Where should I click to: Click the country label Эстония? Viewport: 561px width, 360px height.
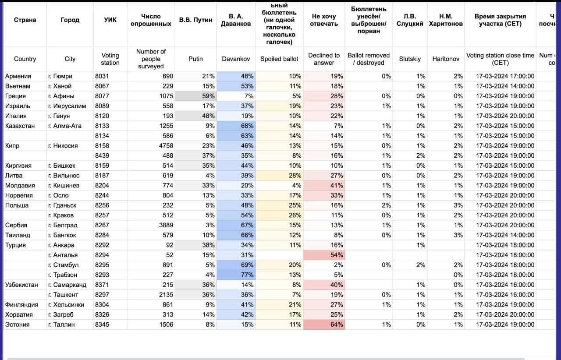point(18,325)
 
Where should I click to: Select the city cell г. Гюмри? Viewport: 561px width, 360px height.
point(60,76)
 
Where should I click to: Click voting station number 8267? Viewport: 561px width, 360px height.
point(102,225)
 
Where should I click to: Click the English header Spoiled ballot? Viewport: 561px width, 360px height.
point(279,59)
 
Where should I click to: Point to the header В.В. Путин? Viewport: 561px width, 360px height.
point(195,20)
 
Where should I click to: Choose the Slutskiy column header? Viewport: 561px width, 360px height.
point(409,59)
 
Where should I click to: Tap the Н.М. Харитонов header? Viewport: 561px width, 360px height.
point(445,20)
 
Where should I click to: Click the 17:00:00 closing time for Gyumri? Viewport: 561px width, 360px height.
point(505,76)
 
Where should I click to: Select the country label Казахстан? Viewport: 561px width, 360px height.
point(18,126)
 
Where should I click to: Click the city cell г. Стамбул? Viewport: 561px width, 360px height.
point(63,265)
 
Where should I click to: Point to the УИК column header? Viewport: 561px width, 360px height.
point(110,20)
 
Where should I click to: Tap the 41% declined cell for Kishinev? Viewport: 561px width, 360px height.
point(337,185)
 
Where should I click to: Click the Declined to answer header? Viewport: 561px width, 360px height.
point(324,59)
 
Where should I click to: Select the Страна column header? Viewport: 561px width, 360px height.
point(25,20)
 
